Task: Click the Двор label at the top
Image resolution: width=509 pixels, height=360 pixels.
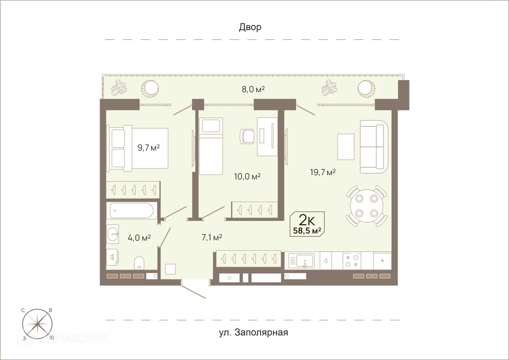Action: (250, 27)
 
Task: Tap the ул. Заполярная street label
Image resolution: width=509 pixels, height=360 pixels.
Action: (253, 332)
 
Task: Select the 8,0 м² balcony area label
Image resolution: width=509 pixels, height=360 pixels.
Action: (253, 89)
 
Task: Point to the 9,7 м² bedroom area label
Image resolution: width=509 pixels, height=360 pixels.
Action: (148, 148)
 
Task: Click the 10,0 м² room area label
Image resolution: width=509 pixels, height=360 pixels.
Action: (247, 177)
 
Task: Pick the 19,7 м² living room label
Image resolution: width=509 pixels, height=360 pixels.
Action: (323, 173)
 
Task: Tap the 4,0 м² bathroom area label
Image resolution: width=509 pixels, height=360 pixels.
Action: (139, 238)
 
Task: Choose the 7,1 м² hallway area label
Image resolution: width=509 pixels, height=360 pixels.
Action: (212, 238)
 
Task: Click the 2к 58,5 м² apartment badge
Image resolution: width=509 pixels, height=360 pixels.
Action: (307, 224)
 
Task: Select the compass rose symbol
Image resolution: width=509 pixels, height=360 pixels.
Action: (37, 324)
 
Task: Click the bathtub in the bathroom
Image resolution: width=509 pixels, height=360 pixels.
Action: (131, 210)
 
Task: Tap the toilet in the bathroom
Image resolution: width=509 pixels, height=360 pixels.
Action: (139, 263)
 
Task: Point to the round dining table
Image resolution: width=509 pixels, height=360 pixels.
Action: (367, 206)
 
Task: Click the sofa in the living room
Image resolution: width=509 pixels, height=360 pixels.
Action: (374, 147)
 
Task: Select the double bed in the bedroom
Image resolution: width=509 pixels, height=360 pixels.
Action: (138, 148)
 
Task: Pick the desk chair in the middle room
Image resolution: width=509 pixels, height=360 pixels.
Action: (247, 136)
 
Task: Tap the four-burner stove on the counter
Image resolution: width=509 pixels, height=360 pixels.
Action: (352, 261)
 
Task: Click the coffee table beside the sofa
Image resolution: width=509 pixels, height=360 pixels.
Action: (346, 147)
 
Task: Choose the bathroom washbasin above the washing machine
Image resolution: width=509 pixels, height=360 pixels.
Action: (113, 234)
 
